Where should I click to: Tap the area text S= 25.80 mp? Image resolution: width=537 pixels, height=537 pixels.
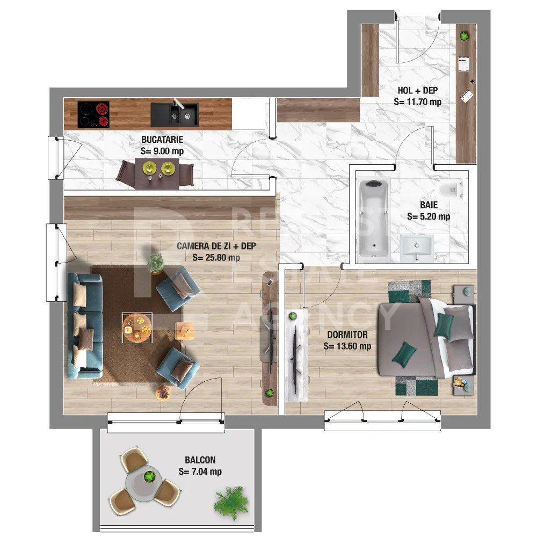click(216, 258)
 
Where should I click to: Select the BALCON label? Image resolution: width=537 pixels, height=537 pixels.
click(200, 460)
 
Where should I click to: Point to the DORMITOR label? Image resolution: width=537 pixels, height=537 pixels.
click(347, 335)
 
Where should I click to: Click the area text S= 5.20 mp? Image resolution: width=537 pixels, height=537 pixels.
click(429, 217)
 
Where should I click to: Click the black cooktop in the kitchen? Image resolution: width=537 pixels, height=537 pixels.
click(93, 114)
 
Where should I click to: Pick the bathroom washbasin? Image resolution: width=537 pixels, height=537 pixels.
click(416, 248)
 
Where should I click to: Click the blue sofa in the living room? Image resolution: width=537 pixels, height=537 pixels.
click(85, 325)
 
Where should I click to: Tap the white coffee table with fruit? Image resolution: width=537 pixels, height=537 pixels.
click(137, 327)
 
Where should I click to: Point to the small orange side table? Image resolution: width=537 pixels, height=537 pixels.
click(185, 330)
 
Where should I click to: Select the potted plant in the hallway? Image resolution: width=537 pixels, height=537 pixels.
click(465, 36)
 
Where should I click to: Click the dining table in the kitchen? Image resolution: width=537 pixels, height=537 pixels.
click(156, 173)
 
